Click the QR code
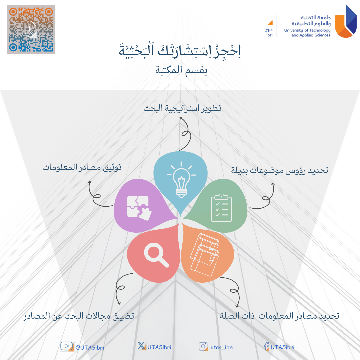(x=31, y=29)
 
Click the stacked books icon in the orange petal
(x=205, y=255)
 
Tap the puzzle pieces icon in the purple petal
(x=139, y=208)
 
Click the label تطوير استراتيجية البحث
(x=183, y=108)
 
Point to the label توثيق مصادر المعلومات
(x=82, y=167)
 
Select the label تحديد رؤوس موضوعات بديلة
(x=280, y=170)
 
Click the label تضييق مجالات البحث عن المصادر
(x=79, y=316)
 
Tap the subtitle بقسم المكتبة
(x=181, y=70)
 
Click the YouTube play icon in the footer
(x=67, y=346)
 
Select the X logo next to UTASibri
(x=142, y=346)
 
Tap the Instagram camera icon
(x=203, y=346)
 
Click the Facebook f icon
(x=267, y=346)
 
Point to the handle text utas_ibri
(x=222, y=347)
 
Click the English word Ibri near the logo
(x=270, y=35)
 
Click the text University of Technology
(x=307, y=30)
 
